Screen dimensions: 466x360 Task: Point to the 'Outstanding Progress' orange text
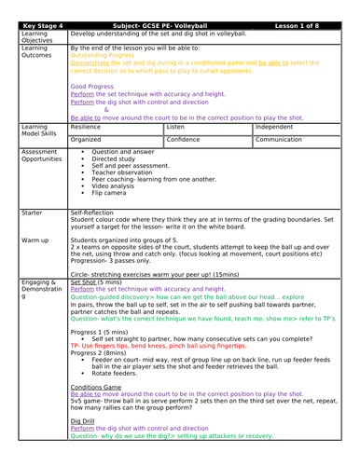(x=102, y=54)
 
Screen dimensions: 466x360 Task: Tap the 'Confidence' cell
(x=184, y=138)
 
